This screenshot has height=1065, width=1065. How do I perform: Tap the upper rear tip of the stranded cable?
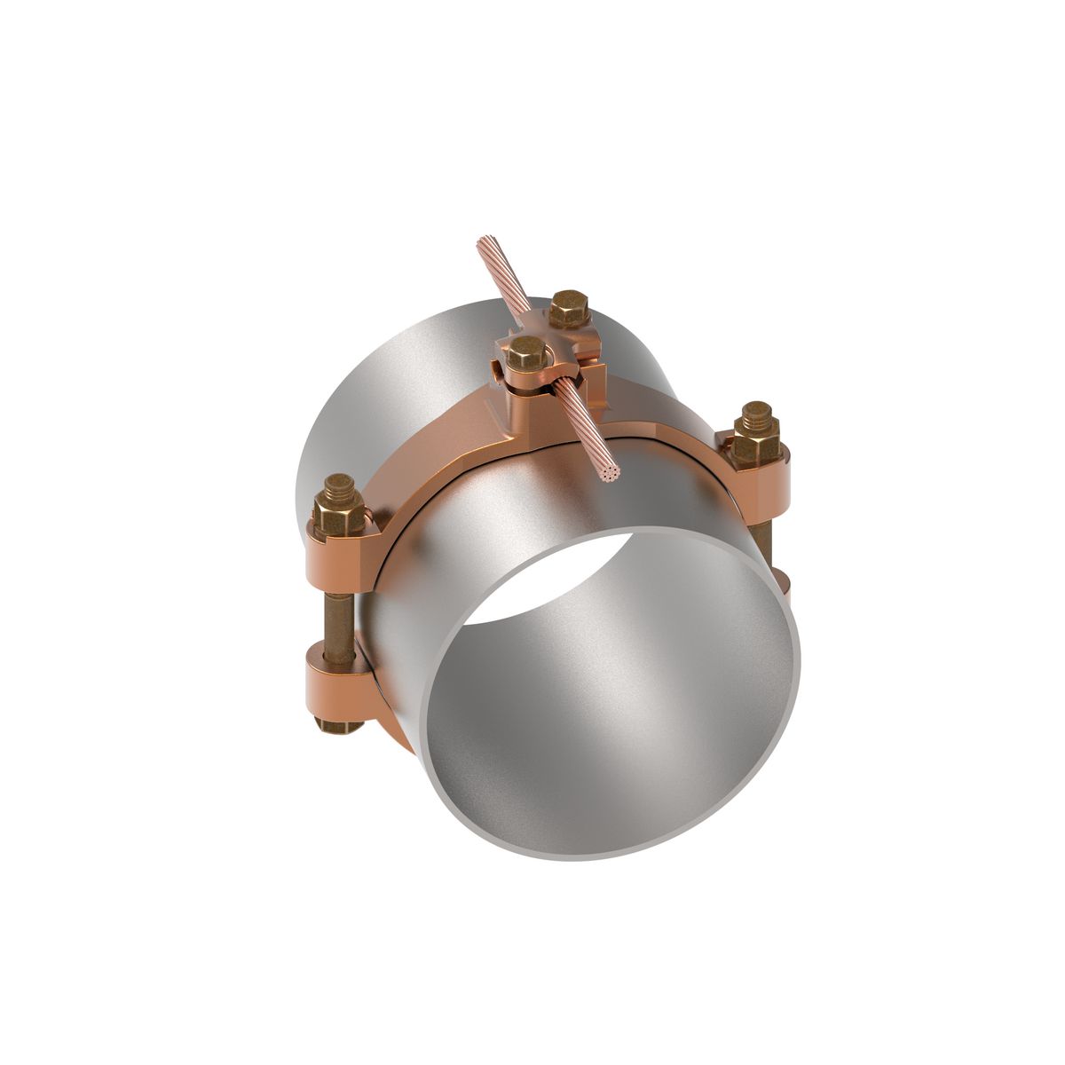(485, 242)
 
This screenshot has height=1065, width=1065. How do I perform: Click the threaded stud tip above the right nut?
(756, 413)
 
